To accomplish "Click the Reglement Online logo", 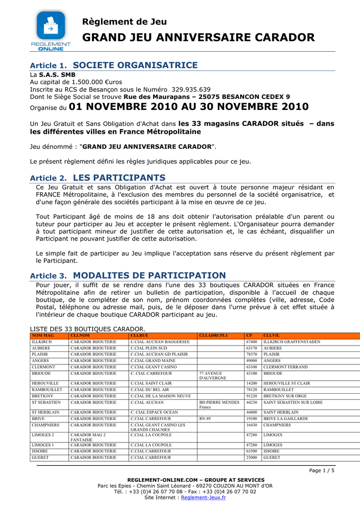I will click(51, 30).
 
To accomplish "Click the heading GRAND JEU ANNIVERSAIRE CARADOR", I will click(198, 38).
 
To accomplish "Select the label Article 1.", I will click(48, 66).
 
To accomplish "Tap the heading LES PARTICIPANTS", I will click(119, 177).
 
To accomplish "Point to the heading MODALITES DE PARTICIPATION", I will click(149, 275).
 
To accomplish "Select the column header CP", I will click(249, 336).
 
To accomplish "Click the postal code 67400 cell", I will click(252, 342).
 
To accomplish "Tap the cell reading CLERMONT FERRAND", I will click(285, 367).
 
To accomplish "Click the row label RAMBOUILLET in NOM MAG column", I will click(47, 390).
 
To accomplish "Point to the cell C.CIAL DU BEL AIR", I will click(150, 390).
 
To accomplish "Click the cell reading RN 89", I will click(205, 419).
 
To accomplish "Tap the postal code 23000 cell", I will click(252, 457).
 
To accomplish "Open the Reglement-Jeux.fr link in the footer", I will click(203, 497).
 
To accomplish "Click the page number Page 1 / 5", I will click(322, 470).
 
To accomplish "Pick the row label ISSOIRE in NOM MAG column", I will click(40, 451).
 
